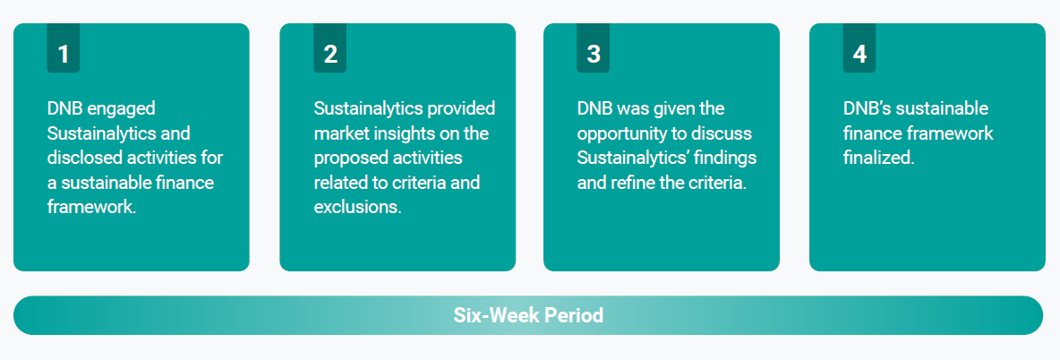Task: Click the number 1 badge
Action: [x=63, y=47]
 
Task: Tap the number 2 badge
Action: [x=329, y=47]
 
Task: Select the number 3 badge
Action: [x=593, y=47]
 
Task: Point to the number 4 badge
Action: [x=859, y=47]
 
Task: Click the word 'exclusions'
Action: [x=357, y=207]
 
